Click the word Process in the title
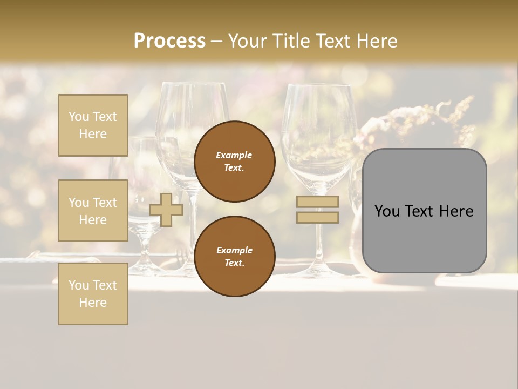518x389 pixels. pyautogui.click(x=169, y=41)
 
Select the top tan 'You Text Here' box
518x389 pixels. pyautogui.click(x=93, y=125)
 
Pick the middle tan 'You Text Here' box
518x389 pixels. pyautogui.click(x=93, y=211)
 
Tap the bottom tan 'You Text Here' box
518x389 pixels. pyautogui.click(x=93, y=293)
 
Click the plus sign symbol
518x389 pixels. pyautogui.click(x=166, y=210)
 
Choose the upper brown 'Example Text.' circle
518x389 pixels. pyautogui.click(x=234, y=161)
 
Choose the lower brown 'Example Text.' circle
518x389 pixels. pyautogui.click(x=234, y=256)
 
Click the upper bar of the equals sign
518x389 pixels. pyautogui.click(x=317, y=202)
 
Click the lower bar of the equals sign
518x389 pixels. pyautogui.click(x=317, y=217)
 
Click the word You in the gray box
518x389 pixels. pyautogui.click(x=387, y=211)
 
